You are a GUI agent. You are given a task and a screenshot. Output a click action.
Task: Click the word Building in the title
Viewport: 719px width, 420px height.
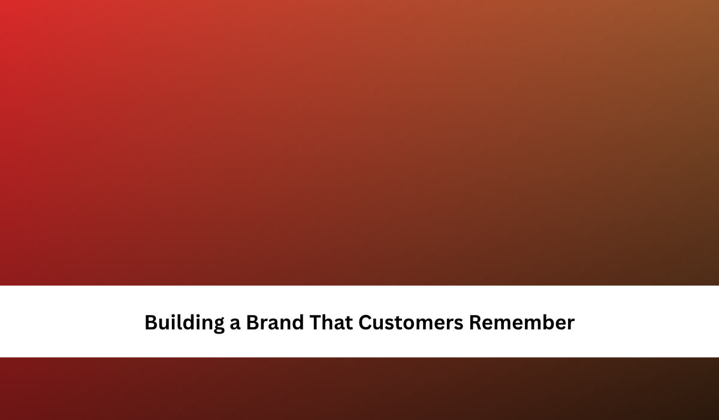[x=185, y=323]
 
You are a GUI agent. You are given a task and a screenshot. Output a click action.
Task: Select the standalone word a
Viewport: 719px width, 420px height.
[x=235, y=324]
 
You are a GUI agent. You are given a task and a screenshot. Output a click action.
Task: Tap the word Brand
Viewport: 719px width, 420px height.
[x=275, y=322]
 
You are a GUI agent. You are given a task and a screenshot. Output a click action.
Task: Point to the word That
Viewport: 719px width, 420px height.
[x=331, y=322]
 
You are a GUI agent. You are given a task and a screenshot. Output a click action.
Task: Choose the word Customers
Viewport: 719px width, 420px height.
[x=411, y=322]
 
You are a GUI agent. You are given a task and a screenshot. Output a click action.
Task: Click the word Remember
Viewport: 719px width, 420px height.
[x=522, y=322]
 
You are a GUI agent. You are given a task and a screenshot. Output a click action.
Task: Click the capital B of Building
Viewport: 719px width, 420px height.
[x=151, y=322]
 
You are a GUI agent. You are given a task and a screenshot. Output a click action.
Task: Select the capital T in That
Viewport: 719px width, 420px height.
[x=316, y=322]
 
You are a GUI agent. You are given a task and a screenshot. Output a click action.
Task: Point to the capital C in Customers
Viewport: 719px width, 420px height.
[x=365, y=322]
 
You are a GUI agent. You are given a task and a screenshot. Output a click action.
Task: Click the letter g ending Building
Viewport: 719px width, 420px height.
[x=218, y=326]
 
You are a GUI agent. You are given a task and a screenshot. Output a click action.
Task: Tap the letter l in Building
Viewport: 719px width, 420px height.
[x=182, y=322]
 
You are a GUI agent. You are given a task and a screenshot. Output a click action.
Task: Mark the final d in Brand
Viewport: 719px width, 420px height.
[x=297, y=322]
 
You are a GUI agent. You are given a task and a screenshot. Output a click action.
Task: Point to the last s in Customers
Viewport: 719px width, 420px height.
[x=459, y=324]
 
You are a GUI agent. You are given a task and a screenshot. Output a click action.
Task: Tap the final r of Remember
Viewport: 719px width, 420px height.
[x=570, y=324]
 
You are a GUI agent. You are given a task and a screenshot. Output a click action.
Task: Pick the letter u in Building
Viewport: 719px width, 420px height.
[x=165, y=324]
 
